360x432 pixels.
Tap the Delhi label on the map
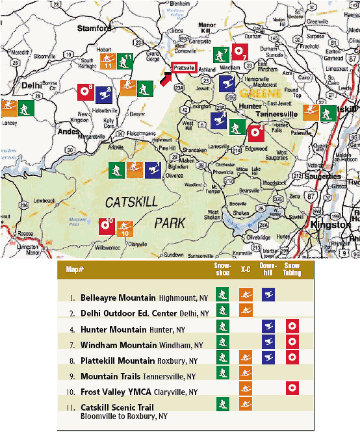click(x=31, y=84)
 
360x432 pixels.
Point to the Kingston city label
click(x=331, y=224)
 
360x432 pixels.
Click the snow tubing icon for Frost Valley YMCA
click(x=292, y=388)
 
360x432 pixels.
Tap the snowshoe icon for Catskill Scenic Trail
click(x=223, y=404)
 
